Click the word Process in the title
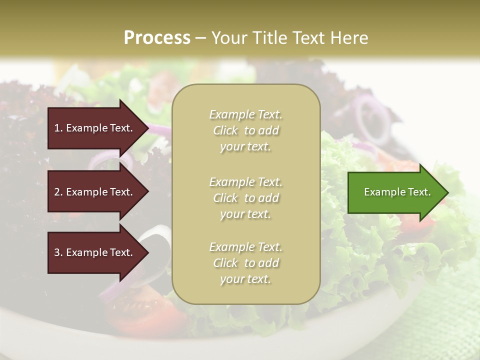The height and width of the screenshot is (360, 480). (157, 38)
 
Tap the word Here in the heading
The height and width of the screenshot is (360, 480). (349, 38)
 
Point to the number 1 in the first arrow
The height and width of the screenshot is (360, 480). (57, 128)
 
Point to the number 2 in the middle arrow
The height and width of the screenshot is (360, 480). (57, 192)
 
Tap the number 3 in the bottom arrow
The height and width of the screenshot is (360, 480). (57, 252)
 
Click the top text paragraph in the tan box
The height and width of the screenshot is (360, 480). (245, 130)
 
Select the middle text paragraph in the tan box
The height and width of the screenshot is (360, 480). (245, 198)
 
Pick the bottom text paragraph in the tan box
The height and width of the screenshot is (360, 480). (245, 263)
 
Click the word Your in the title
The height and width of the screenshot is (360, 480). (227, 38)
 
